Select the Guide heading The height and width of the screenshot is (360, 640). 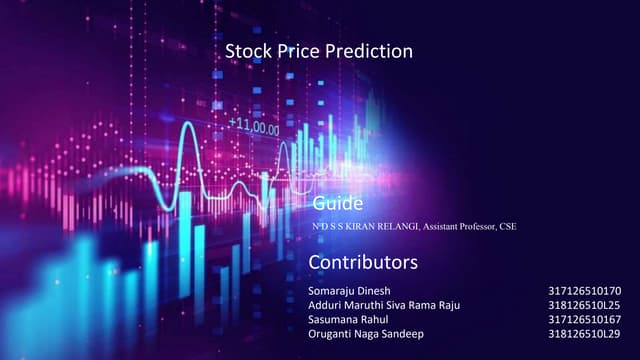click(338, 204)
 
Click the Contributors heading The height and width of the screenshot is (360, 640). click(362, 262)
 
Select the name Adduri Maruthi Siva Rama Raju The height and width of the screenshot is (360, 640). click(385, 305)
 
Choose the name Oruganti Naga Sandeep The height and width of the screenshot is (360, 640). click(366, 333)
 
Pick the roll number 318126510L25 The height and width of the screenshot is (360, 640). click(585, 305)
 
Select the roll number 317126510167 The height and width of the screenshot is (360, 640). click(585, 319)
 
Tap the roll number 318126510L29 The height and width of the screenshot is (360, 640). click(585, 333)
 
